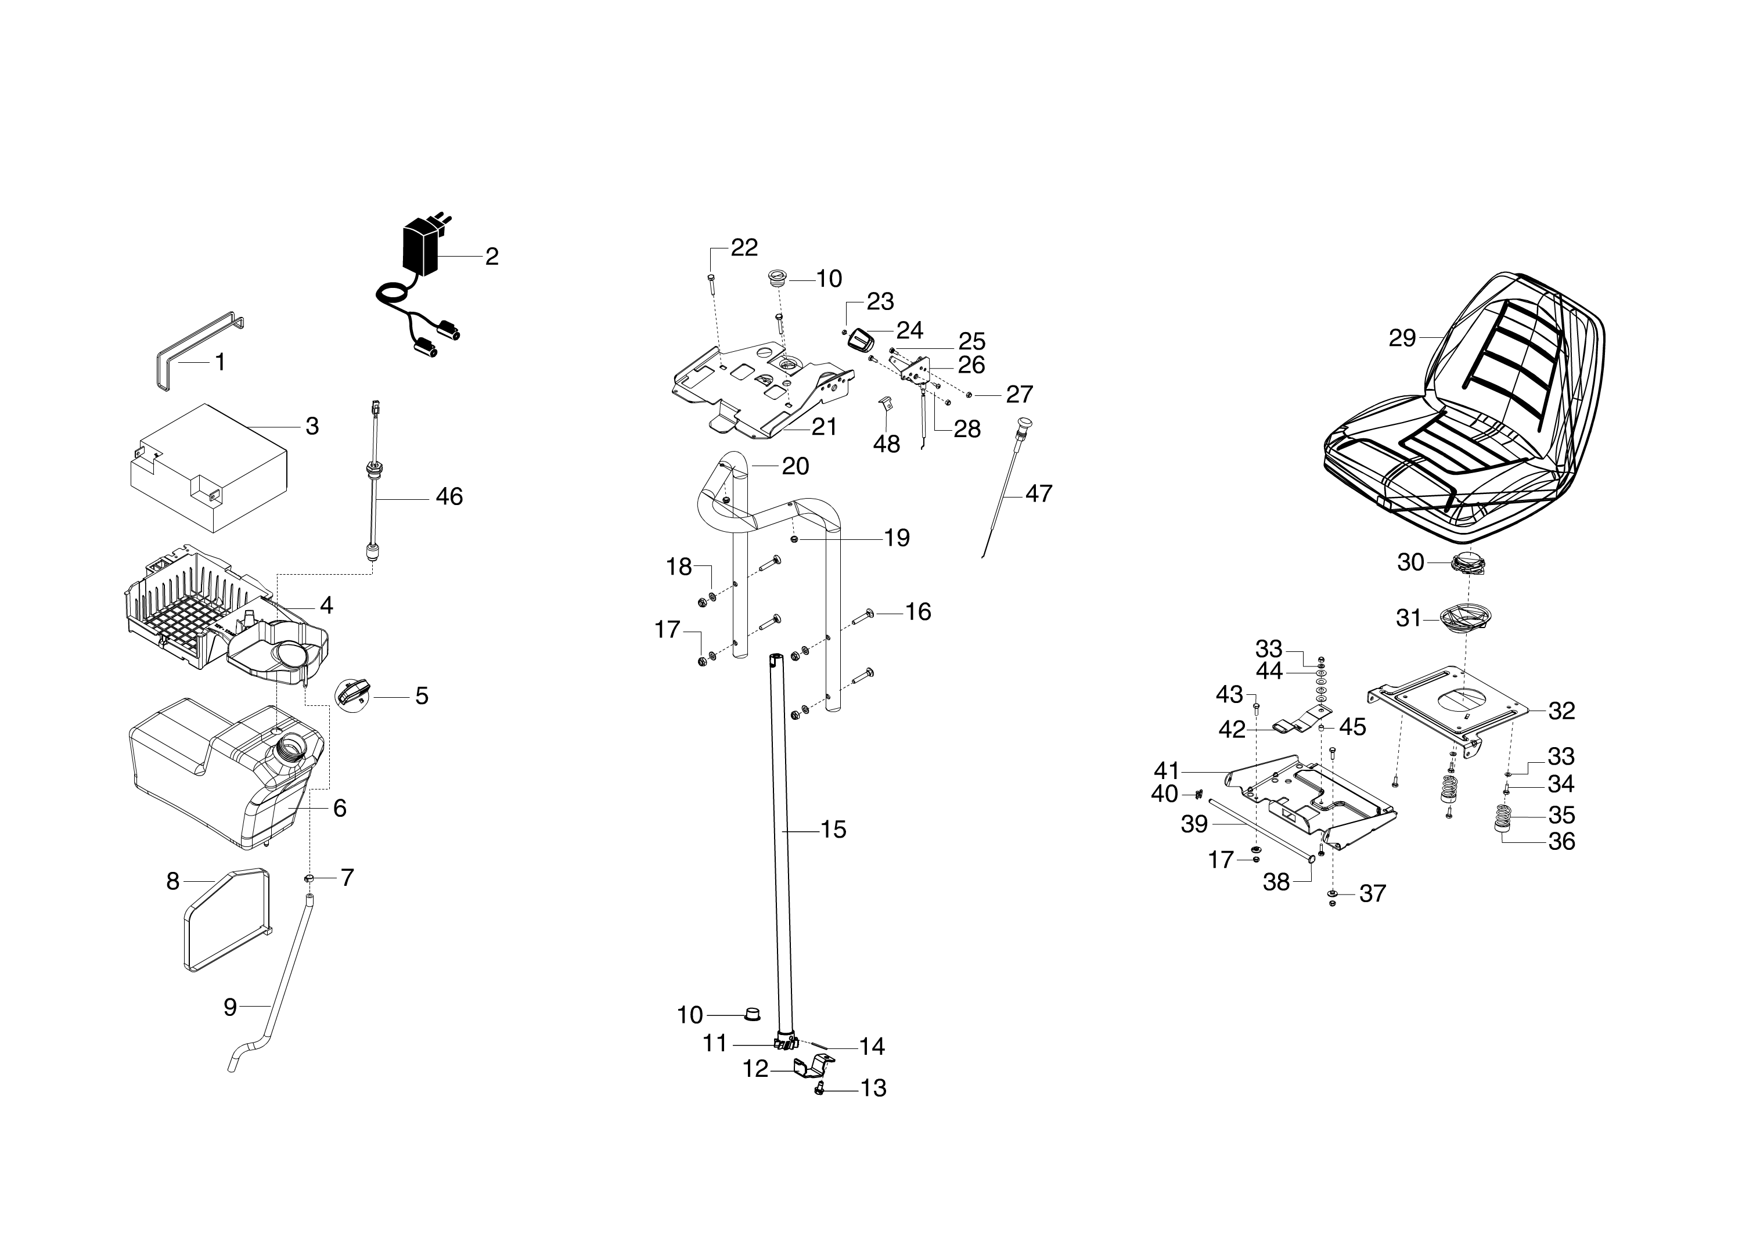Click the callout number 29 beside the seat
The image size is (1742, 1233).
click(x=1402, y=338)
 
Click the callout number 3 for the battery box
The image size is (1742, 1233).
click(x=312, y=426)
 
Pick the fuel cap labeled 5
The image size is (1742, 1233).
click(x=354, y=693)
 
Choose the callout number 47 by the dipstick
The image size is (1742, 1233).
click(x=1039, y=493)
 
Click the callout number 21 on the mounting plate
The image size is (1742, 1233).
click(x=824, y=427)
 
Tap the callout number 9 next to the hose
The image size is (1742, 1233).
click(x=230, y=1008)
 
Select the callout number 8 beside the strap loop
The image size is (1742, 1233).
click(x=173, y=881)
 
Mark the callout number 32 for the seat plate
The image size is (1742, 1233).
click(x=1561, y=711)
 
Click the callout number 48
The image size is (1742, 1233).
click(x=886, y=444)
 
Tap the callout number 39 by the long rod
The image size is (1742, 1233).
click(x=1194, y=824)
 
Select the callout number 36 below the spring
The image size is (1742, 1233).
click(x=1561, y=841)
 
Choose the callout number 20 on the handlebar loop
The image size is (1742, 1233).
click(x=795, y=466)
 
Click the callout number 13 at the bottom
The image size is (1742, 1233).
click(x=873, y=1089)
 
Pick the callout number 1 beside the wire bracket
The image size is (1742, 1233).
click(x=220, y=362)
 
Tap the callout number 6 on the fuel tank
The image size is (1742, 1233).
click(x=340, y=808)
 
